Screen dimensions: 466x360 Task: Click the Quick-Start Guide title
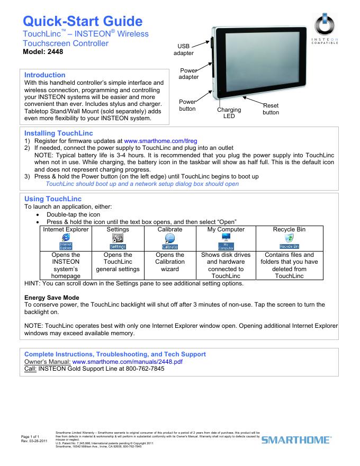[83, 21]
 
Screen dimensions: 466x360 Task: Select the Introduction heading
[45, 75]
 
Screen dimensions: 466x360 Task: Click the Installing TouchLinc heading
[59, 133]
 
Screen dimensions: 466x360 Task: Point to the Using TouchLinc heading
[53, 199]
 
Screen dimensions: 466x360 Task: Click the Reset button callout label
[271, 109]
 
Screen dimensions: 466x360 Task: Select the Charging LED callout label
[229, 113]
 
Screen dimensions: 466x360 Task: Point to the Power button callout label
[187, 105]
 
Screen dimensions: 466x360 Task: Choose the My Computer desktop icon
[226, 241]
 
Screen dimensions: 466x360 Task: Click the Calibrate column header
[169, 229]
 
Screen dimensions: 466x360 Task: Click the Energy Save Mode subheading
[52, 298]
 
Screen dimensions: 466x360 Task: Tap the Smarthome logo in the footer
[296, 439]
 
